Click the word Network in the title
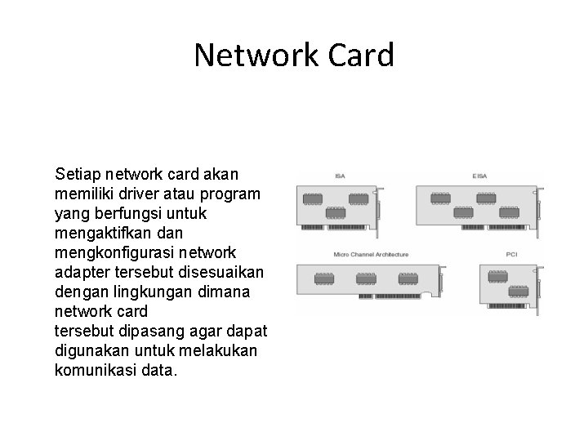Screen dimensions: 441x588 (251, 56)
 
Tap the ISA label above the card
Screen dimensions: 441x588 (338, 176)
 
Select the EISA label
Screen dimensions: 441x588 (481, 176)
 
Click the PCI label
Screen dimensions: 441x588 (512, 255)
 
